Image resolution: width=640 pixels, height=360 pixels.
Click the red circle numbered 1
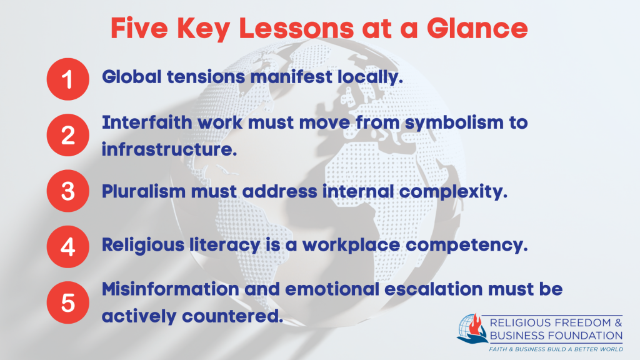tap(67, 79)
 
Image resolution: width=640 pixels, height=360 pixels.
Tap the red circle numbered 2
tap(67, 135)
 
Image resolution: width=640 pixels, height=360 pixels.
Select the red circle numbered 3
tap(67, 191)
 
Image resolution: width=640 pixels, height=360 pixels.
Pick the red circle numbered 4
tap(67, 247)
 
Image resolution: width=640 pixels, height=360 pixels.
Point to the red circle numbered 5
tap(67, 302)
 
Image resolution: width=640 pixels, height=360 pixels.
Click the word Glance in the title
tap(477, 28)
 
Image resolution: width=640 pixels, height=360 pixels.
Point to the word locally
tap(370, 77)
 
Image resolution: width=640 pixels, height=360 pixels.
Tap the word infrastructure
tap(169, 149)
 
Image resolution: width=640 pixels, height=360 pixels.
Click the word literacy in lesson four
tap(224, 245)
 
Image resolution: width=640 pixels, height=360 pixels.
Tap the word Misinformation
tap(171, 289)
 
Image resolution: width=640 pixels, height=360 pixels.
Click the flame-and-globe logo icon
tap(472, 329)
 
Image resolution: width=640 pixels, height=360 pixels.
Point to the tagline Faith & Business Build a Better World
tap(556, 349)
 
